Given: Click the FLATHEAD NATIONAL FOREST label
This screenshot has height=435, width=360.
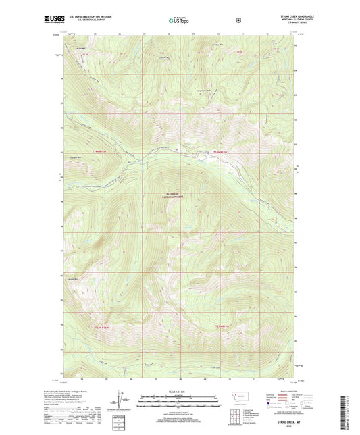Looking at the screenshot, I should click(x=176, y=195).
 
